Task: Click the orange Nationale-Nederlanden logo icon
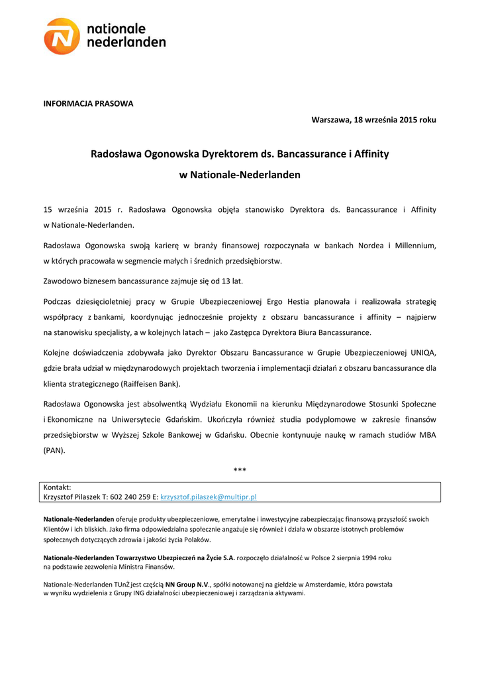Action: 62,36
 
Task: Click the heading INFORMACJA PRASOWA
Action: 88,104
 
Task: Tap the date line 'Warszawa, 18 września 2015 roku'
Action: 374,120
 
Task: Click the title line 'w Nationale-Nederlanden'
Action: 240,175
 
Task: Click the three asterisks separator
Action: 240,470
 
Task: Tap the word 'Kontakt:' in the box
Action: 57,487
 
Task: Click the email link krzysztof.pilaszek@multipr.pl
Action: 209,496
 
